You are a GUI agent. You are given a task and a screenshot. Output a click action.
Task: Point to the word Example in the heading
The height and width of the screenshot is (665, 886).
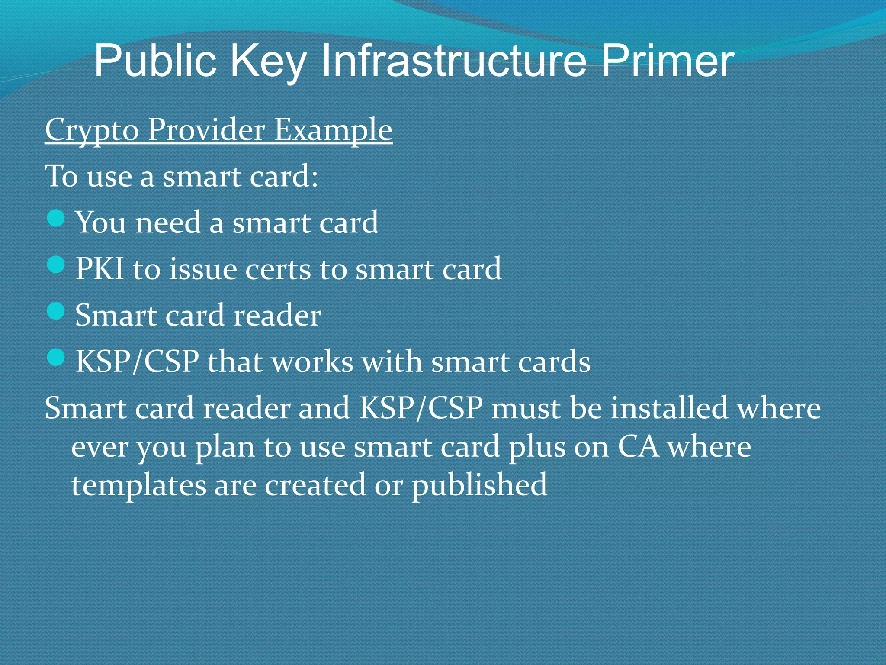pos(333,130)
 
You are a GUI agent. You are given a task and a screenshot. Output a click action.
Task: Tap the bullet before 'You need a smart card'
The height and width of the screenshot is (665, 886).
pos(56,218)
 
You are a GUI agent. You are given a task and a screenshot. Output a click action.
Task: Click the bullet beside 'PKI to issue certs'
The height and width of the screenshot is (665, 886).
pos(56,265)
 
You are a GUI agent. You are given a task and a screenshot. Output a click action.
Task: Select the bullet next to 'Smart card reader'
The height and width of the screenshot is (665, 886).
pos(56,311)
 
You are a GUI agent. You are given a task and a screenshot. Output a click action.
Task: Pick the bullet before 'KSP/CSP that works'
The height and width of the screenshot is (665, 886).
pos(56,357)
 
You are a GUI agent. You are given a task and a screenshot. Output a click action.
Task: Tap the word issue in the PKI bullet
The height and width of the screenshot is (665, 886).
pos(203,269)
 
